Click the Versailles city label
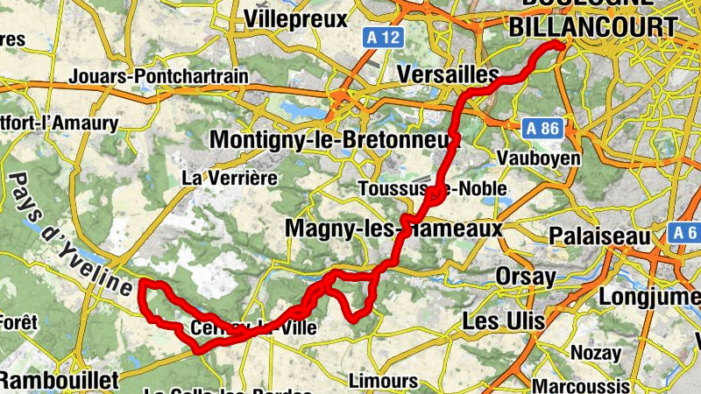coord(447,75)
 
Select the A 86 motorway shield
coord(542,129)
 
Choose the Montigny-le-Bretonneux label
coord(335,140)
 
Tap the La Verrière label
coord(230,178)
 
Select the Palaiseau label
coord(600,236)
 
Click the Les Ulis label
coord(503,321)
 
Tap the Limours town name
coord(383,382)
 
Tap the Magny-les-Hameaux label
coord(393,229)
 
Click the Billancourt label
coord(593,27)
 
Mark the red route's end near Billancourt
coord(558,46)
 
